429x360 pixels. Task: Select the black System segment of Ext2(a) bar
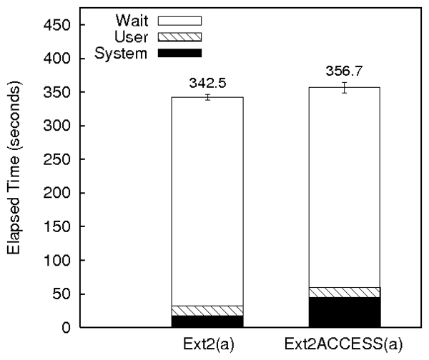[207, 321]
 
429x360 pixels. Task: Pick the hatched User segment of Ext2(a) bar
[207, 310]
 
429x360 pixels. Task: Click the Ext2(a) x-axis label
[207, 346]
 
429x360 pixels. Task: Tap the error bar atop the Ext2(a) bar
[207, 97]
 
